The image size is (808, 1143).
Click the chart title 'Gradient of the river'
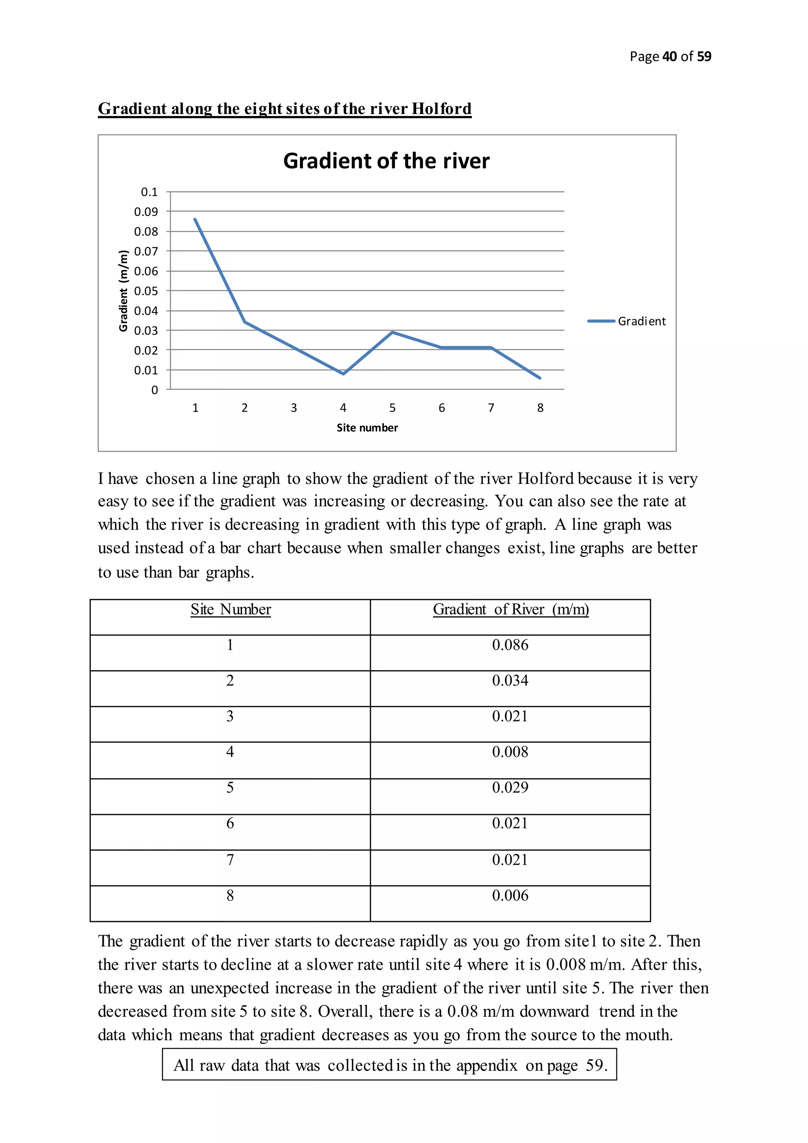[386, 161]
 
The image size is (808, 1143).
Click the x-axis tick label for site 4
[343, 408]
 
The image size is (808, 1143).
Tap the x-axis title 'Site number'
[367, 427]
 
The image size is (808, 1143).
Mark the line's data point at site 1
[195, 219]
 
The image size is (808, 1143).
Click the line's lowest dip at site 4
[343, 374]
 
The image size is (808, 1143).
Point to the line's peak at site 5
[393, 332]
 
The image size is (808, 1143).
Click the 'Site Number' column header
[230, 609]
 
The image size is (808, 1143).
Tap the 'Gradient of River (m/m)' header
[511, 609]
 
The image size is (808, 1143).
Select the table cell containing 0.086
[510, 645]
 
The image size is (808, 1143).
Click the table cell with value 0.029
[510, 787]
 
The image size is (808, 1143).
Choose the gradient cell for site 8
[510, 896]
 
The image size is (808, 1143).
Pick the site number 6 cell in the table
[230, 823]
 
